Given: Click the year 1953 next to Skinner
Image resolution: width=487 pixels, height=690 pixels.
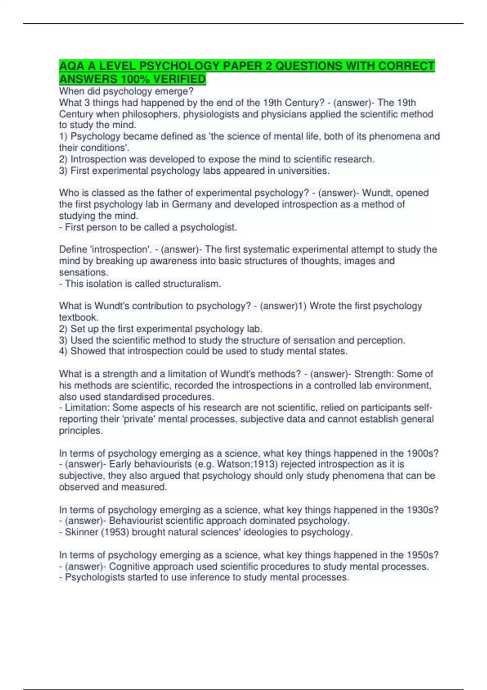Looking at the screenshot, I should pos(115,532).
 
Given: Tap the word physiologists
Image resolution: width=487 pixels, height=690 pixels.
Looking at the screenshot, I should pos(210,114).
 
